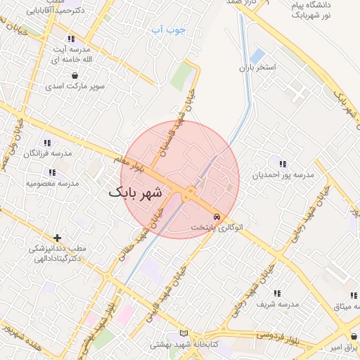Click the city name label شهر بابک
point(136,192)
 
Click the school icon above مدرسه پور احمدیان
point(283,163)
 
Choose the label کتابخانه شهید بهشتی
point(184,345)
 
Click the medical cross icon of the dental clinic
point(57,238)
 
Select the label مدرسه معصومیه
point(52,183)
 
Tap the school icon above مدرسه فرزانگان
point(47,143)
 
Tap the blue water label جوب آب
point(167,30)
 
